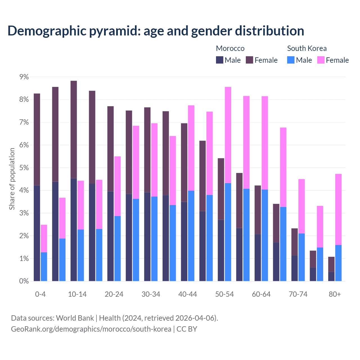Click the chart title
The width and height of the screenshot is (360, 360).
point(156,31)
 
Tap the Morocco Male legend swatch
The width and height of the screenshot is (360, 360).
point(219,60)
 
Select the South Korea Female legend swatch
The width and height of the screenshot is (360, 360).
point(321,60)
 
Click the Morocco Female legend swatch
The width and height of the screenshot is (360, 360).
point(249,60)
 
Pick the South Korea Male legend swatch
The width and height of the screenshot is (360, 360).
point(291,60)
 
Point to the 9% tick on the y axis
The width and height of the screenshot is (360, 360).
point(24,77)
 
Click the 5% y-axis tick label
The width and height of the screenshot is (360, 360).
point(24,168)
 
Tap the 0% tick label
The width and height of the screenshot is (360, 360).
point(24,281)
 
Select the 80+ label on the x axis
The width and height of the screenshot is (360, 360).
point(335,294)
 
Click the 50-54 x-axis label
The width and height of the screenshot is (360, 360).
point(224,294)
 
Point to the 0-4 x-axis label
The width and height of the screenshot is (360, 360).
point(40,294)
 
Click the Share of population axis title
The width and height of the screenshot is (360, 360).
point(12,179)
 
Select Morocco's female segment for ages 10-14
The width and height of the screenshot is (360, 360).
point(74,129)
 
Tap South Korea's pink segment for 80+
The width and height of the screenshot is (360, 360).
point(338,209)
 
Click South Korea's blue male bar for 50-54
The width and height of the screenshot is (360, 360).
point(228,232)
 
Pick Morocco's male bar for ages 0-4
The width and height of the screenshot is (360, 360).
point(37,233)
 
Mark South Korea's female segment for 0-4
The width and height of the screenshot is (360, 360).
point(44,238)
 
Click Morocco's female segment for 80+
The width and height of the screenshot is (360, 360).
point(331,264)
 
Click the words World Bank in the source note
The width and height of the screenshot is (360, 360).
point(75,318)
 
